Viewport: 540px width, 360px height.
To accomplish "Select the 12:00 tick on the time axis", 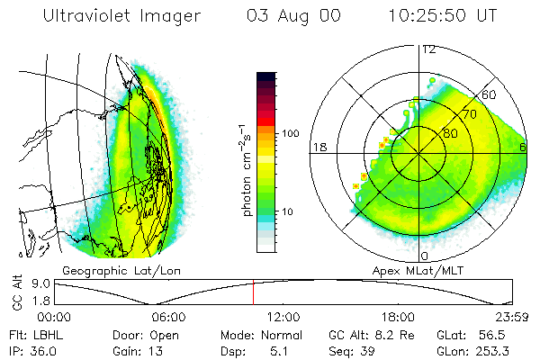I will pyautogui.click(x=283, y=317).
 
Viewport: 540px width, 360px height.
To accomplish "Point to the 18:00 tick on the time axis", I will pyautogui.click(x=398, y=317).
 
